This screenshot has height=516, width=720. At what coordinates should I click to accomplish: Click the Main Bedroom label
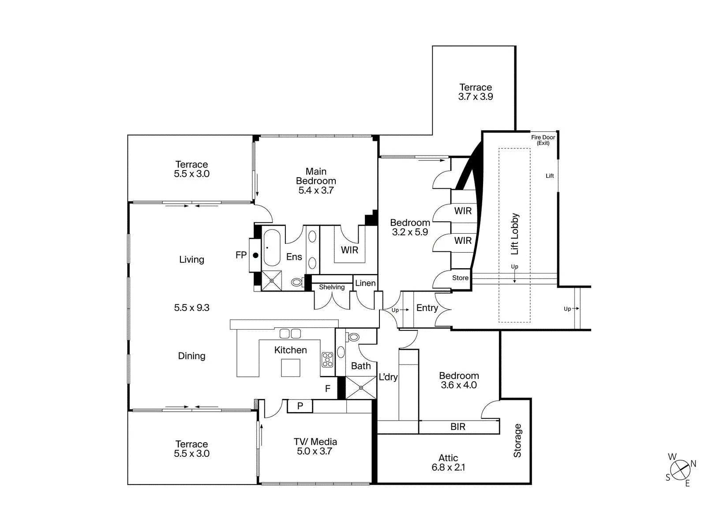316,181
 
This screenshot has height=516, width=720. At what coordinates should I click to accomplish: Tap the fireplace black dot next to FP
255,256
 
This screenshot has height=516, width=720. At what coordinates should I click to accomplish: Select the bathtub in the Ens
272,247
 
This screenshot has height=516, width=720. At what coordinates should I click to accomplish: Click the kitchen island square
291,368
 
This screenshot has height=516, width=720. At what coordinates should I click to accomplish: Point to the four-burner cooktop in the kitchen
327,360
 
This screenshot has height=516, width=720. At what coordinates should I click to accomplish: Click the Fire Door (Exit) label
543,140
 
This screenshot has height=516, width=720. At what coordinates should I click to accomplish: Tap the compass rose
681,470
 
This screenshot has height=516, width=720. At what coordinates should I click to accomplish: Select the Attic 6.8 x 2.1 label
448,463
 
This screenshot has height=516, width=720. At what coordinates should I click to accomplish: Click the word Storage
517,440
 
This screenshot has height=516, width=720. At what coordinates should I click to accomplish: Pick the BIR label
458,427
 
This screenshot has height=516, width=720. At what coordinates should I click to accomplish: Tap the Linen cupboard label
365,283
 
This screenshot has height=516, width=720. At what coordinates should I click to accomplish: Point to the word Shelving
332,287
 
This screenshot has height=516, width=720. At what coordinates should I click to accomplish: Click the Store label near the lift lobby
460,278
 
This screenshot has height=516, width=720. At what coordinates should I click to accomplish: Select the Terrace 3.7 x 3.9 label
476,92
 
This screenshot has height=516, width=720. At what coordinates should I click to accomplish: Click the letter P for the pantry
300,406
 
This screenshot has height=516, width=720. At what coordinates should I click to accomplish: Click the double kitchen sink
290,334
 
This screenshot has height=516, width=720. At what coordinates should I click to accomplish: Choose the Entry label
427,308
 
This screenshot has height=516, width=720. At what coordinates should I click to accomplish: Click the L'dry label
388,377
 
